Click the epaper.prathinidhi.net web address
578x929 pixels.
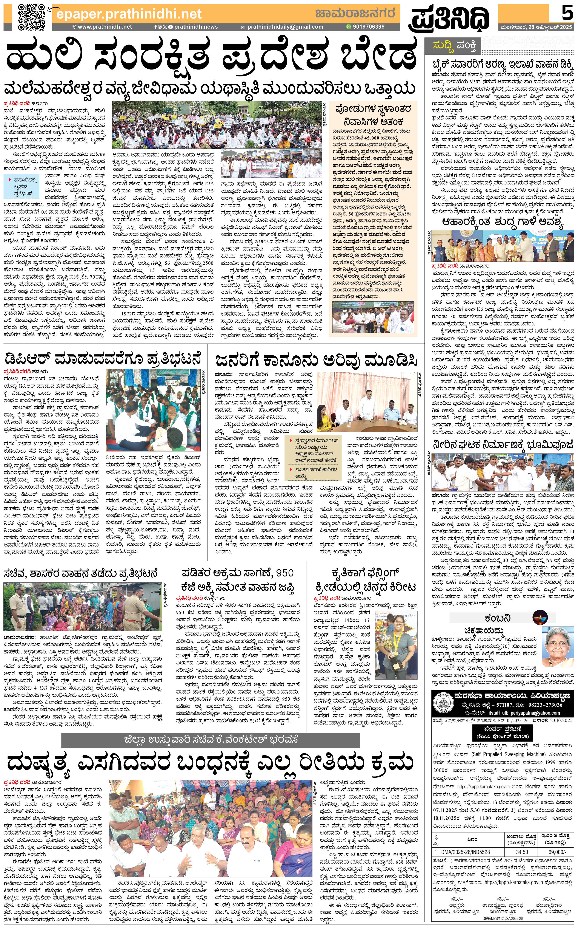[x=129, y=14]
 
